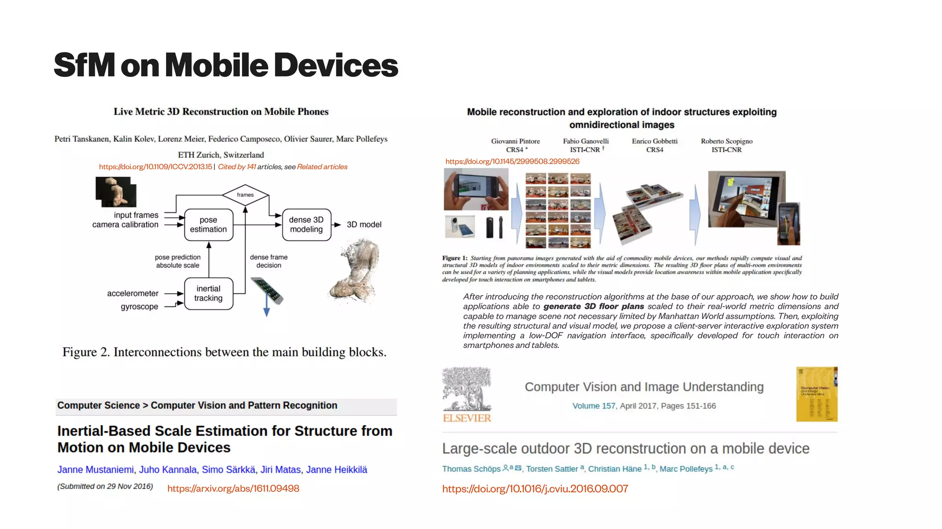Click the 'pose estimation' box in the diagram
pyautogui.click(x=208, y=224)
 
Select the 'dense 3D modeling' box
pyautogui.click(x=306, y=224)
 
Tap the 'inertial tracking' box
pyautogui.click(x=208, y=293)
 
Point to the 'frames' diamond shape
pyautogui.click(x=245, y=195)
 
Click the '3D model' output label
pyautogui.click(x=364, y=224)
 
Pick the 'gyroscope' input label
pyautogui.click(x=139, y=307)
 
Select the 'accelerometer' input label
pyautogui.click(x=132, y=293)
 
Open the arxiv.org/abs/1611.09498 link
pyautogui.click(x=233, y=489)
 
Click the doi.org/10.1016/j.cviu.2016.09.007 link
pyautogui.click(x=535, y=489)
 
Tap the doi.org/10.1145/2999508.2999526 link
pyautogui.click(x=512, y=161)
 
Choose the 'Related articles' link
pyautogui.click(x=322, y=167)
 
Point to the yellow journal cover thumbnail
pyautogui.click(x=816, y=394)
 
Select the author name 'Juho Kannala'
pyautogui.click(x=167, y=470)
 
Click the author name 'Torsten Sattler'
pyautogui.click(x=551, y=469)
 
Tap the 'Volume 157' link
pyautogui.click(x=593, y=406)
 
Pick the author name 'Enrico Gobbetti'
pyautogui.click(x=655, y=141)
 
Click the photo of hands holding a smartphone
pyautogui.click(x=476, y=189)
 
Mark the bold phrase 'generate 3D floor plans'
pyautogui.click(x=593, y=306)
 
